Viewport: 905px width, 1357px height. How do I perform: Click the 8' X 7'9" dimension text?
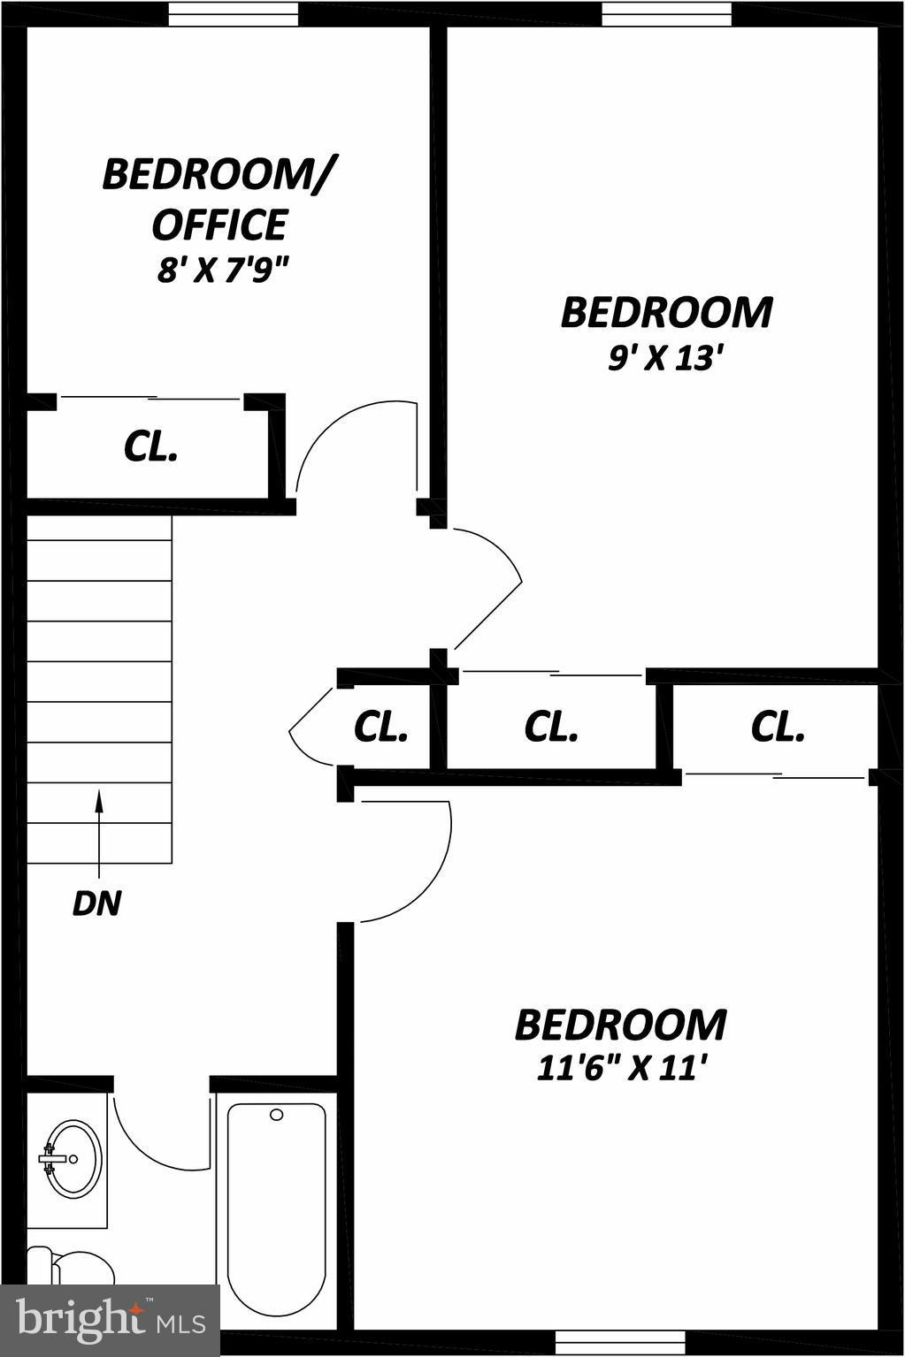[x=224, y=270]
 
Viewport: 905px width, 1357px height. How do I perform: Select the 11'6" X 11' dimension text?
[x=621, y=1070]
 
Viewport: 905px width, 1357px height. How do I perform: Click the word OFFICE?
[x=219, y=225]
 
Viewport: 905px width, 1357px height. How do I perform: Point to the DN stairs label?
[x=96, y=903]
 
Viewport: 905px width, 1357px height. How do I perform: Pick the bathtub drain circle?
[x=277, y=1115]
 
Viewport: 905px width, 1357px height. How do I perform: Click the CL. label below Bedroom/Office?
[x=150, y=447]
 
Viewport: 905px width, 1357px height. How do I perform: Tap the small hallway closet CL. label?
[x=380, y=727]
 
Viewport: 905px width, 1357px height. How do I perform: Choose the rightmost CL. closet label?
[x=778, y=727]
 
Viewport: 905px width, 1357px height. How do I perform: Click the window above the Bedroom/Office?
[x=234, y=14]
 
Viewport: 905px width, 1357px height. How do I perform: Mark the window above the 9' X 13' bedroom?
[x=667, y=14]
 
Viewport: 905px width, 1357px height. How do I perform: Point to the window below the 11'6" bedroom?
[x=620, y=1343]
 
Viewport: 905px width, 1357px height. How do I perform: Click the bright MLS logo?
[x=111, y=1321]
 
